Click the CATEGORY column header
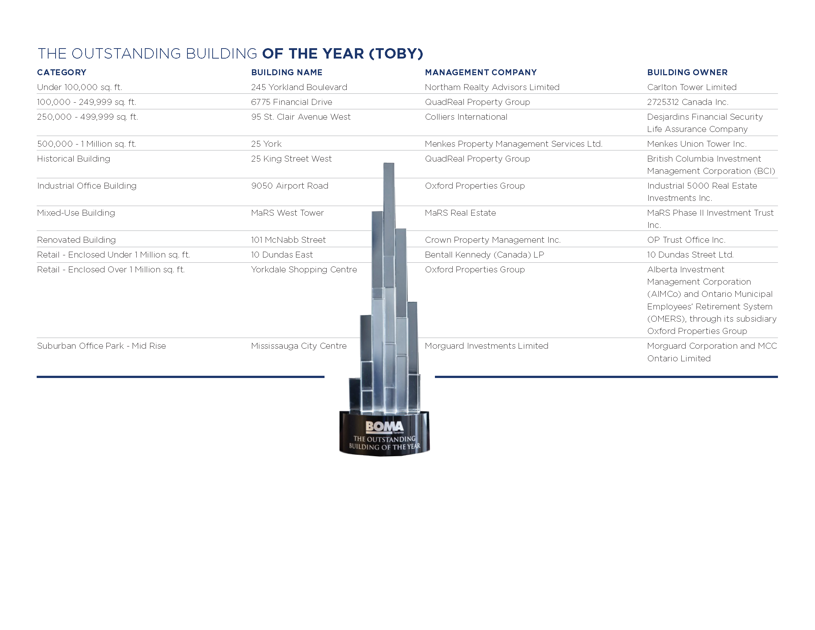61,72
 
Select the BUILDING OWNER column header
687,72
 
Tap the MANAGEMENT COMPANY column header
480,72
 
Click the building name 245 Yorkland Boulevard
299,87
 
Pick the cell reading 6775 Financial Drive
292,102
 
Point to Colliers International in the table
466,117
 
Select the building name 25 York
266,144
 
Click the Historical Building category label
73,159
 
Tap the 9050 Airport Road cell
290,186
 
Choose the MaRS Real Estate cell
460,213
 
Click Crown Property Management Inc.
493,240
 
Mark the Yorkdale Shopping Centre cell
304,270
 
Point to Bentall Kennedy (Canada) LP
485,255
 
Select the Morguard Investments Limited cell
486,346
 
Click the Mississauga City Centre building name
299,346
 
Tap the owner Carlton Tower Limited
692,87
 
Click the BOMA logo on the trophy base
385,427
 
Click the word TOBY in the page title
396,54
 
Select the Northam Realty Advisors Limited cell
492,87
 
